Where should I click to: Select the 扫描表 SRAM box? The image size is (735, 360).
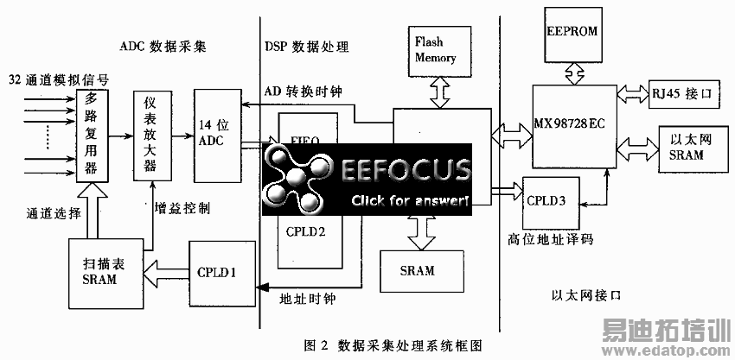pos(101,273)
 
